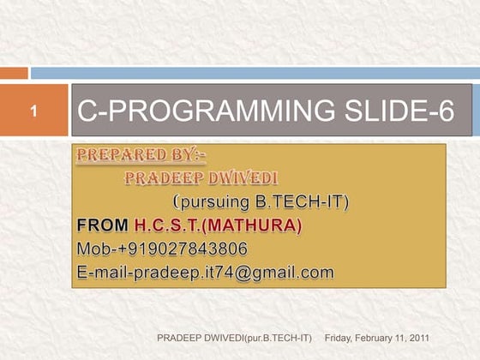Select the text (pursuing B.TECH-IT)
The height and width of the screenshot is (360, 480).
point(261,202)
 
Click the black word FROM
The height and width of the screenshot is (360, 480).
point(102,226)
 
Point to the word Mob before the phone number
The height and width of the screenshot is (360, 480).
point(93,249)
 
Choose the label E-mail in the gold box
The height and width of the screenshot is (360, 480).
point(100,273)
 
